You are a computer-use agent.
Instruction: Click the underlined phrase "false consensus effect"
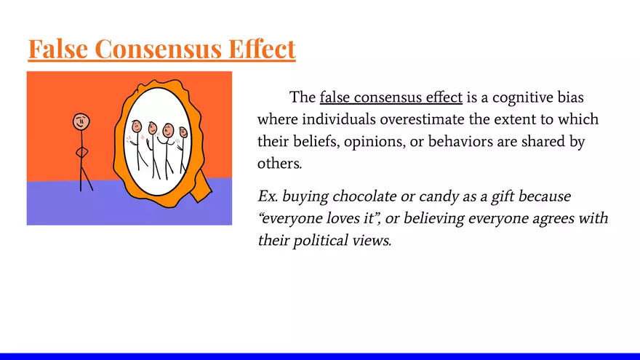(x=391, y=97)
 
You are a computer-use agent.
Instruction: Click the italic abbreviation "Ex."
(x=268, y=196)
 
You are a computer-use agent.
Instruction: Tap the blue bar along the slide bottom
(x=320, y=356)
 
